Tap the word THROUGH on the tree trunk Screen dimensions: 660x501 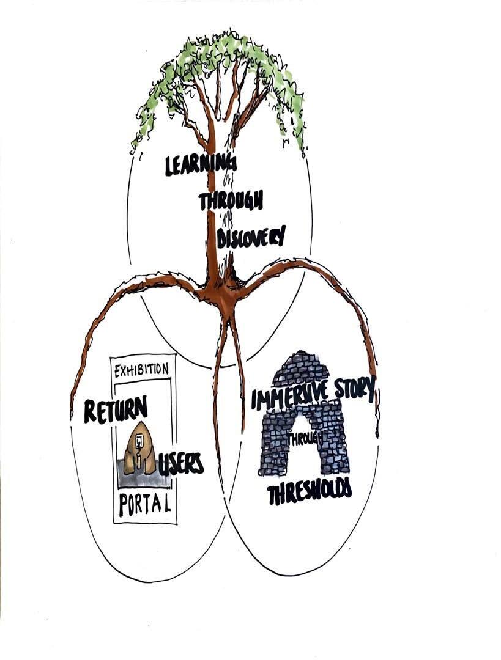click(231, 200)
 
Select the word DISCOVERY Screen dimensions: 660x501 click(251, 235)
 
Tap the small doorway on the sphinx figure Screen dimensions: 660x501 click(139, 440)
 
